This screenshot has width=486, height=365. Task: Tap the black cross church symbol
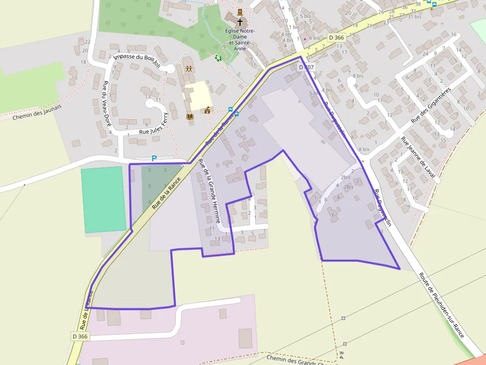point(240,22)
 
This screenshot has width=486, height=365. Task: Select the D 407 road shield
point(306,66)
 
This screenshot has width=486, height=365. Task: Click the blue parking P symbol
point(154,158)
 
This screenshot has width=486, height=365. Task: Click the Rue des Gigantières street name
point(431,106)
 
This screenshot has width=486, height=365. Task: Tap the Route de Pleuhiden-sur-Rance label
point(441,305)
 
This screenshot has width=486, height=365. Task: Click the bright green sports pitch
point(104,199)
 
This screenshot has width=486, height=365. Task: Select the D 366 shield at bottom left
point(79,336)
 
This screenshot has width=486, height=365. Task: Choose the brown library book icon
point(189,117)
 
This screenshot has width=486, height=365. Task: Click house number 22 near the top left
point(87,42)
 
